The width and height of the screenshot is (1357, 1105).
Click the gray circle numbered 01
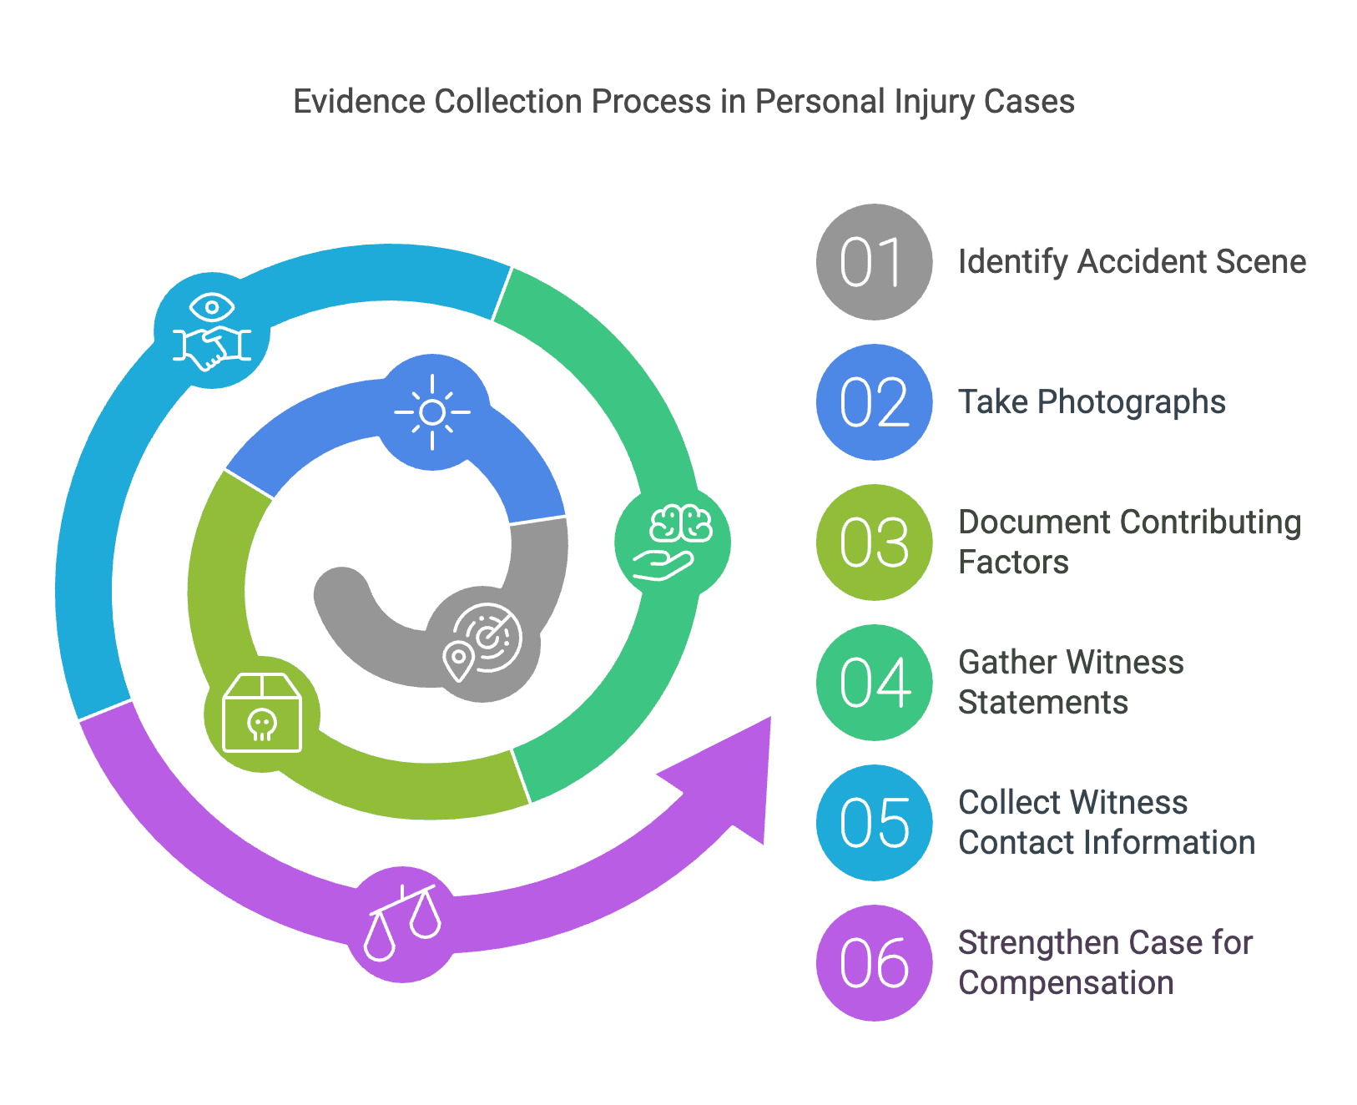[x=874, y=262]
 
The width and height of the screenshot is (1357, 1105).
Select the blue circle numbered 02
[x=874, y=402]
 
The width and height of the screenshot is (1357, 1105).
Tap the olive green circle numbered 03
[x=874, y=542]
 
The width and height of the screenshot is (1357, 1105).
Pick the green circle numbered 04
[x=874, y=683]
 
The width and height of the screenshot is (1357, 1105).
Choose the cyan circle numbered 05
[x=874, y=823]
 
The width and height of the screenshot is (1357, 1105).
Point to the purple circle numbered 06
[x=874, y=963]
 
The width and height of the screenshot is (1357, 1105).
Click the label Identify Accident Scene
[x=1132, y=262]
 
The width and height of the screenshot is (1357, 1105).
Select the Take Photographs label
[x=1092, y=402]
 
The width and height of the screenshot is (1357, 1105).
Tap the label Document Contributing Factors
[x=1129, y=542]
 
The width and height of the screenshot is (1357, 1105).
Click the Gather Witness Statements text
[x=1071, y=683]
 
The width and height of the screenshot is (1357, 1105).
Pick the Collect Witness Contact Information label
[x=1107, y=823]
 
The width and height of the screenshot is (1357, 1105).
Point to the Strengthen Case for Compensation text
[x=1105, y=963]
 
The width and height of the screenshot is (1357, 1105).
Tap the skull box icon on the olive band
[x=262, y=714]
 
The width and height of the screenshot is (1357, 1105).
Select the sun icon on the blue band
[x=432, y=412]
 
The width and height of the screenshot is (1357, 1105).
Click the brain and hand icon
[x=673, y=542]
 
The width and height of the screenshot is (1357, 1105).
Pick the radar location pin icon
[x=483, y=643]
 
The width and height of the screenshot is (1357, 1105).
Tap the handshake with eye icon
[x=212, y=330]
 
